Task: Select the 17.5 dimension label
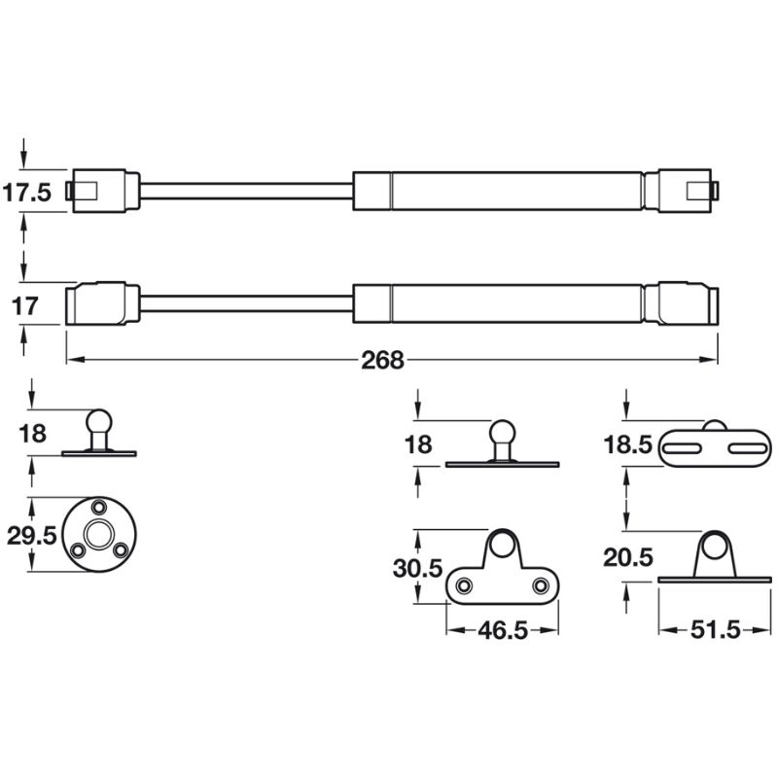(x=26, y=193)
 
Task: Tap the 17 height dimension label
(x=26, y=306)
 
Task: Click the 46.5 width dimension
(x=503, y=630)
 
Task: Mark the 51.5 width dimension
(x=715, y=630)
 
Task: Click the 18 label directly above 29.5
(x=32, y=434)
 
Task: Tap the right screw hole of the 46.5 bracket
(x=541, y=585)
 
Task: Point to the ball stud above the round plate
(x=99, y=422)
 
